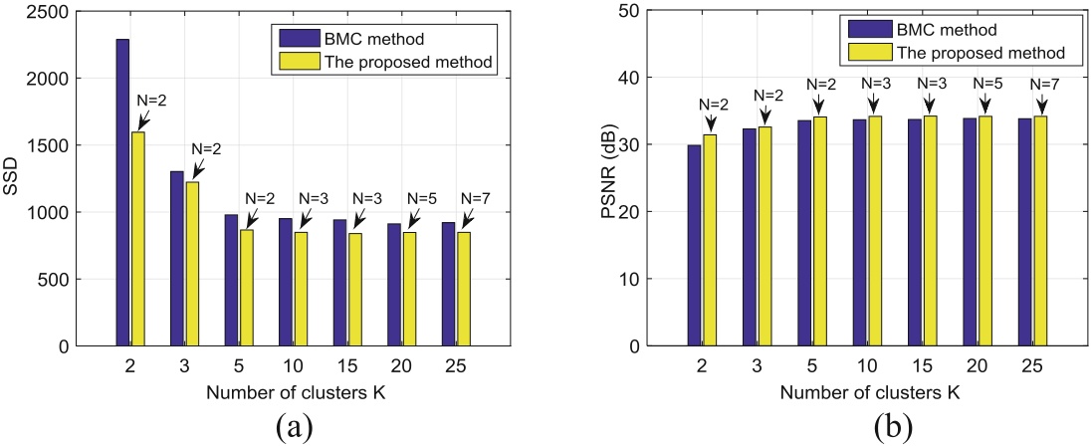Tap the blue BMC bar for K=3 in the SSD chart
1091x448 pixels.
pos(176,259)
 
